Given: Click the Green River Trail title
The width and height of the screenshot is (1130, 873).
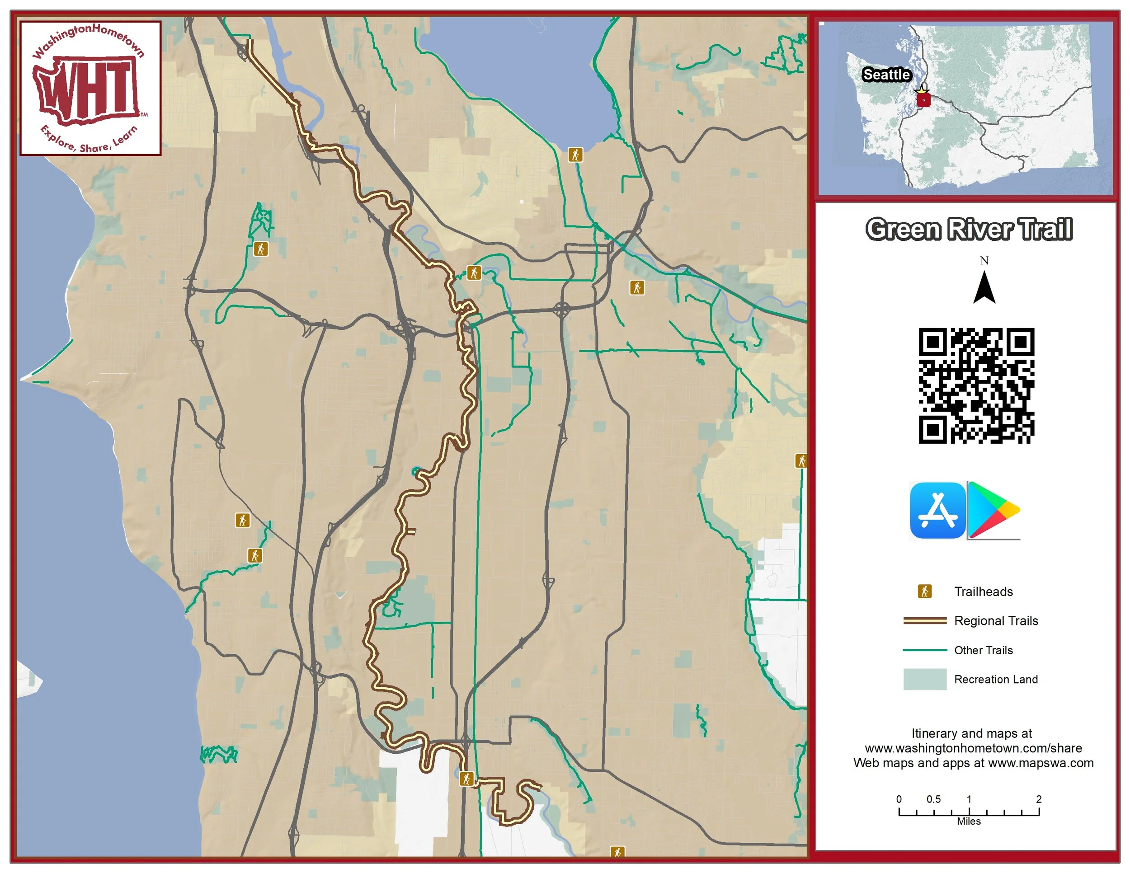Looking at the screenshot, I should pos(969,229).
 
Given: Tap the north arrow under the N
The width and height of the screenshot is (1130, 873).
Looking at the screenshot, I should pos(984,288).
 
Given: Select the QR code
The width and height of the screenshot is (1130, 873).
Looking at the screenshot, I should pos(976,386).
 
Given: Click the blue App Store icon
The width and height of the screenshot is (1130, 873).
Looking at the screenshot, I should pos(937,511).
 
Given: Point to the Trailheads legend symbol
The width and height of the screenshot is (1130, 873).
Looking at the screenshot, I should pos(925,591).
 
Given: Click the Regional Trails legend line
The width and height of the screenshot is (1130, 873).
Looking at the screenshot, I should pos(925,620).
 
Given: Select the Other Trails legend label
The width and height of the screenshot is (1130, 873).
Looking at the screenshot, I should pos(983,650).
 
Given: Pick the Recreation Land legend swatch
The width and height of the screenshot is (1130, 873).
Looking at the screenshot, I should pos(925,679).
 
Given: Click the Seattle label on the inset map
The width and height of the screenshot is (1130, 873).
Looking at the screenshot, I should pos(886,75).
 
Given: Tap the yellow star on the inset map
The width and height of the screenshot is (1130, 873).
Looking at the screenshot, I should pos(922,92).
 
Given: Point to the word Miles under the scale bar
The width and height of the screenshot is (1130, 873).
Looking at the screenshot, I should pos(969,821).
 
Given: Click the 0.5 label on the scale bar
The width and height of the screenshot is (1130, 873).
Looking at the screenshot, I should pos(933,799).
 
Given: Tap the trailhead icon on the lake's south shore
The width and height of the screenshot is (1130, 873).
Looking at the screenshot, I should pos(575,155).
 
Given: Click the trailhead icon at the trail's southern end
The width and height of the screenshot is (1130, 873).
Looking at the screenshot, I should pos(466,779).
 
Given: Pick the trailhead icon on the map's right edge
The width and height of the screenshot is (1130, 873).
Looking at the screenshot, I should pos(801,461).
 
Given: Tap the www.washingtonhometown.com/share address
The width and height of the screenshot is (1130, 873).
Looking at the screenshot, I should pos(973,748).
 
